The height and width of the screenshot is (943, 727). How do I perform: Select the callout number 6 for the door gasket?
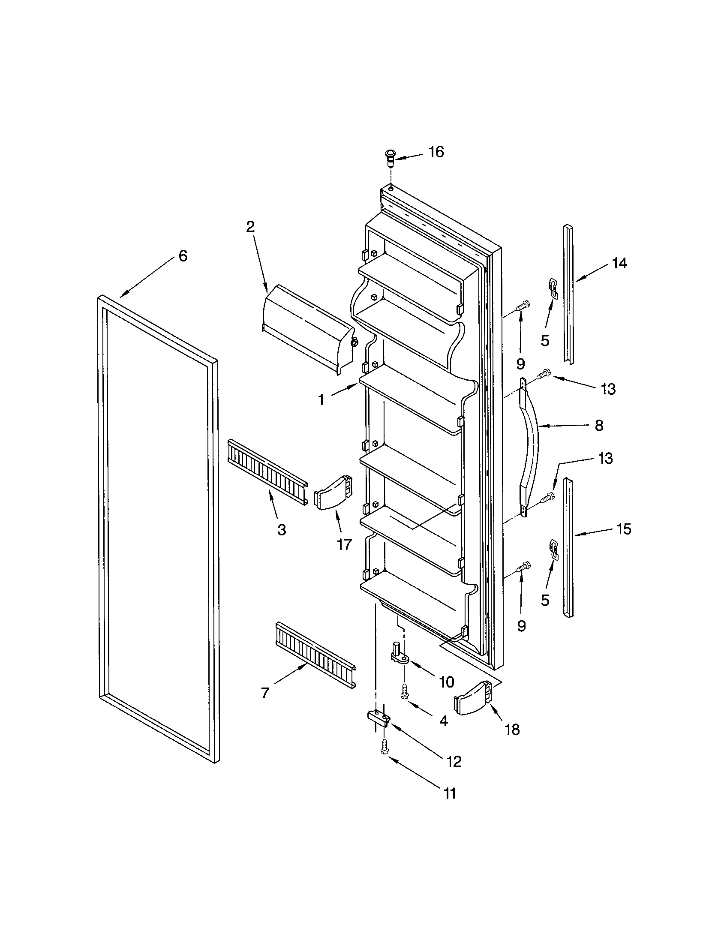[183, 256]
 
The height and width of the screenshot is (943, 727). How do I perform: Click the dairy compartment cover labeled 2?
[308, 329]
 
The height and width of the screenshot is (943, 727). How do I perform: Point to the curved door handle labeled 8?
[532, 447]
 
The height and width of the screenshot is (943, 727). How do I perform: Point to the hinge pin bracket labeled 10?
[400, 665]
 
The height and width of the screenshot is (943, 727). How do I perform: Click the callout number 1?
[321, 400]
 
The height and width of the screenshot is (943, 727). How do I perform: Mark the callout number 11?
[450, 793]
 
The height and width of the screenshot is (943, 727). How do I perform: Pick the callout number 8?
[599, 426]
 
